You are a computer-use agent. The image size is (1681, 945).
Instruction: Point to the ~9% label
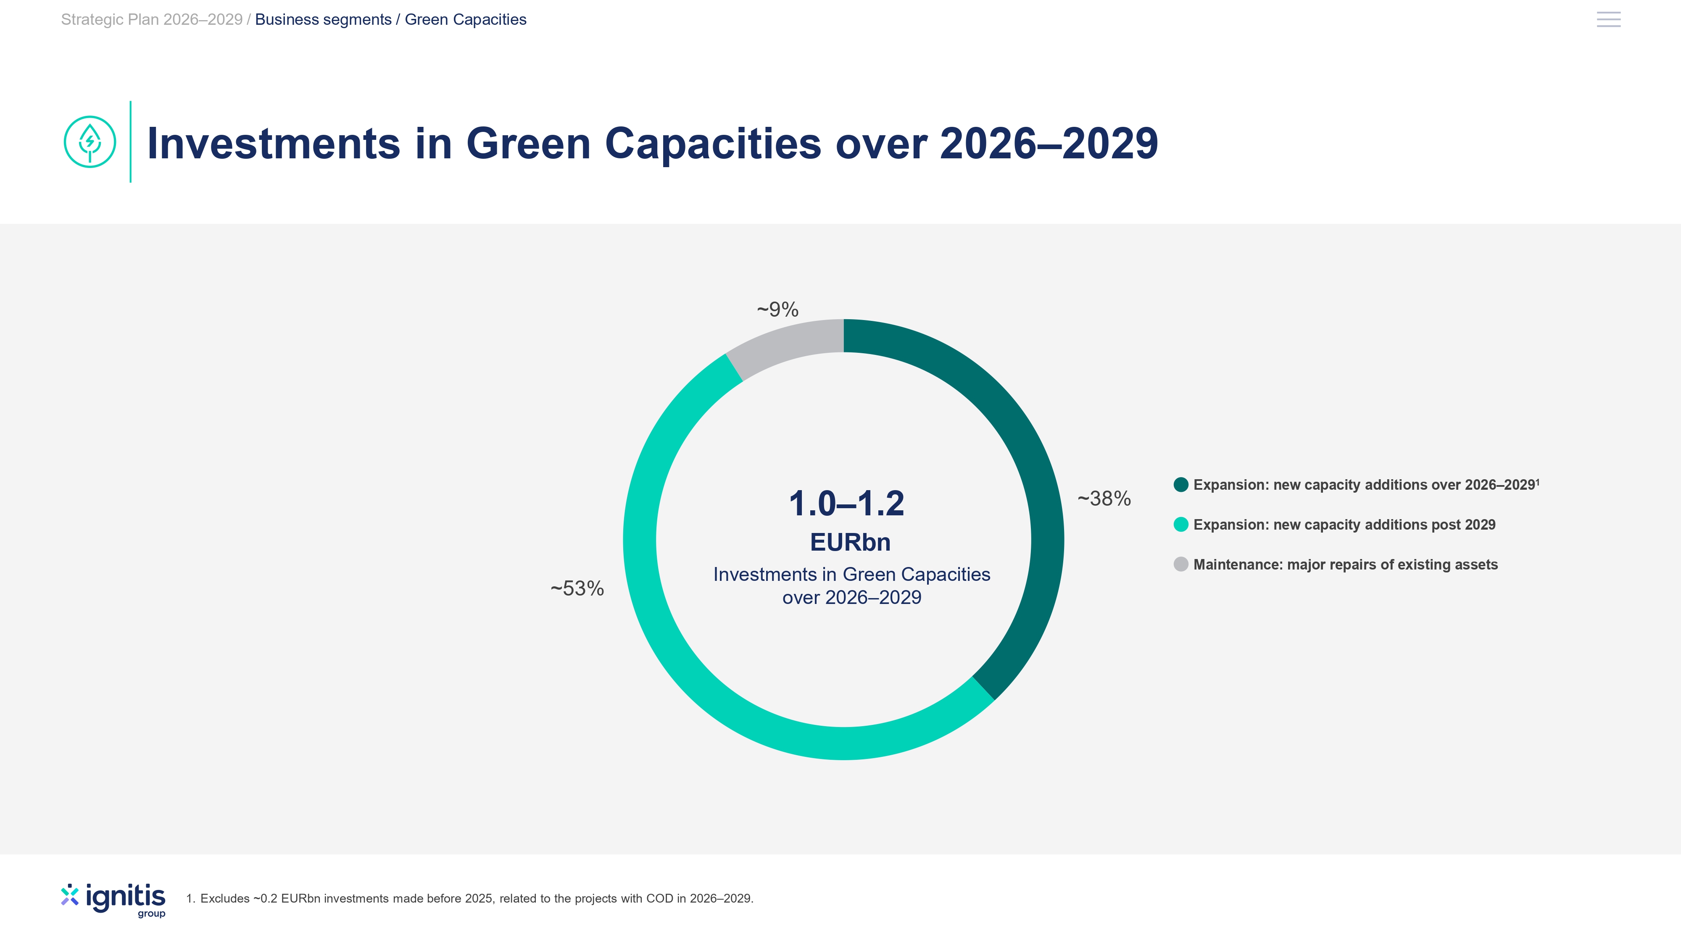coord(778,309)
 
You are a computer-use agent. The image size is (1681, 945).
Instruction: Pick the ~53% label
coord(577,588)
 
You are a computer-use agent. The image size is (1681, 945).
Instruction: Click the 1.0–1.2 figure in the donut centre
coord(846,504)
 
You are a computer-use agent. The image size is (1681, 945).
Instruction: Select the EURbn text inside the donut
coord(850,542)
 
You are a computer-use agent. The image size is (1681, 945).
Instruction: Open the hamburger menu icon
coord(1609,20)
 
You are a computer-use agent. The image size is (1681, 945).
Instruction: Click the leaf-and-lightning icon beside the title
coord(90,142)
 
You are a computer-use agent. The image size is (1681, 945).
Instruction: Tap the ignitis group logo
coord(113,900)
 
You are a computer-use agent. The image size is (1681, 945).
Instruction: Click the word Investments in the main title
coord(274,144)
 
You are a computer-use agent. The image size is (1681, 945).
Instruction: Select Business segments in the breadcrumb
coord(323,20)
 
